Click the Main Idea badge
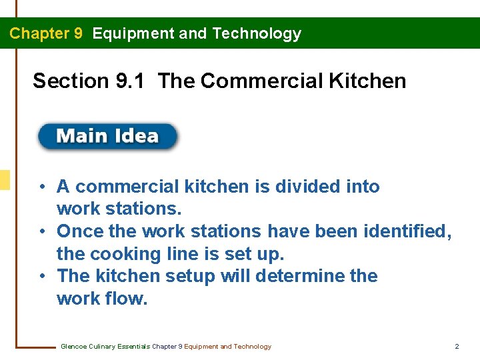[x=108, y=137]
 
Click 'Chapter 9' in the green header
[x=46, y=33]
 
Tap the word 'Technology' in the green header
[x=257, y=33]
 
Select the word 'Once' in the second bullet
[x=79, y=231]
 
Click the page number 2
[x=457, y=347]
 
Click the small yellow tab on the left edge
[x=5, y=180]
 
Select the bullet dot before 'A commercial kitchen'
[x=41, y=187]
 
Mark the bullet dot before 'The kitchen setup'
[x=41, y=277]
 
